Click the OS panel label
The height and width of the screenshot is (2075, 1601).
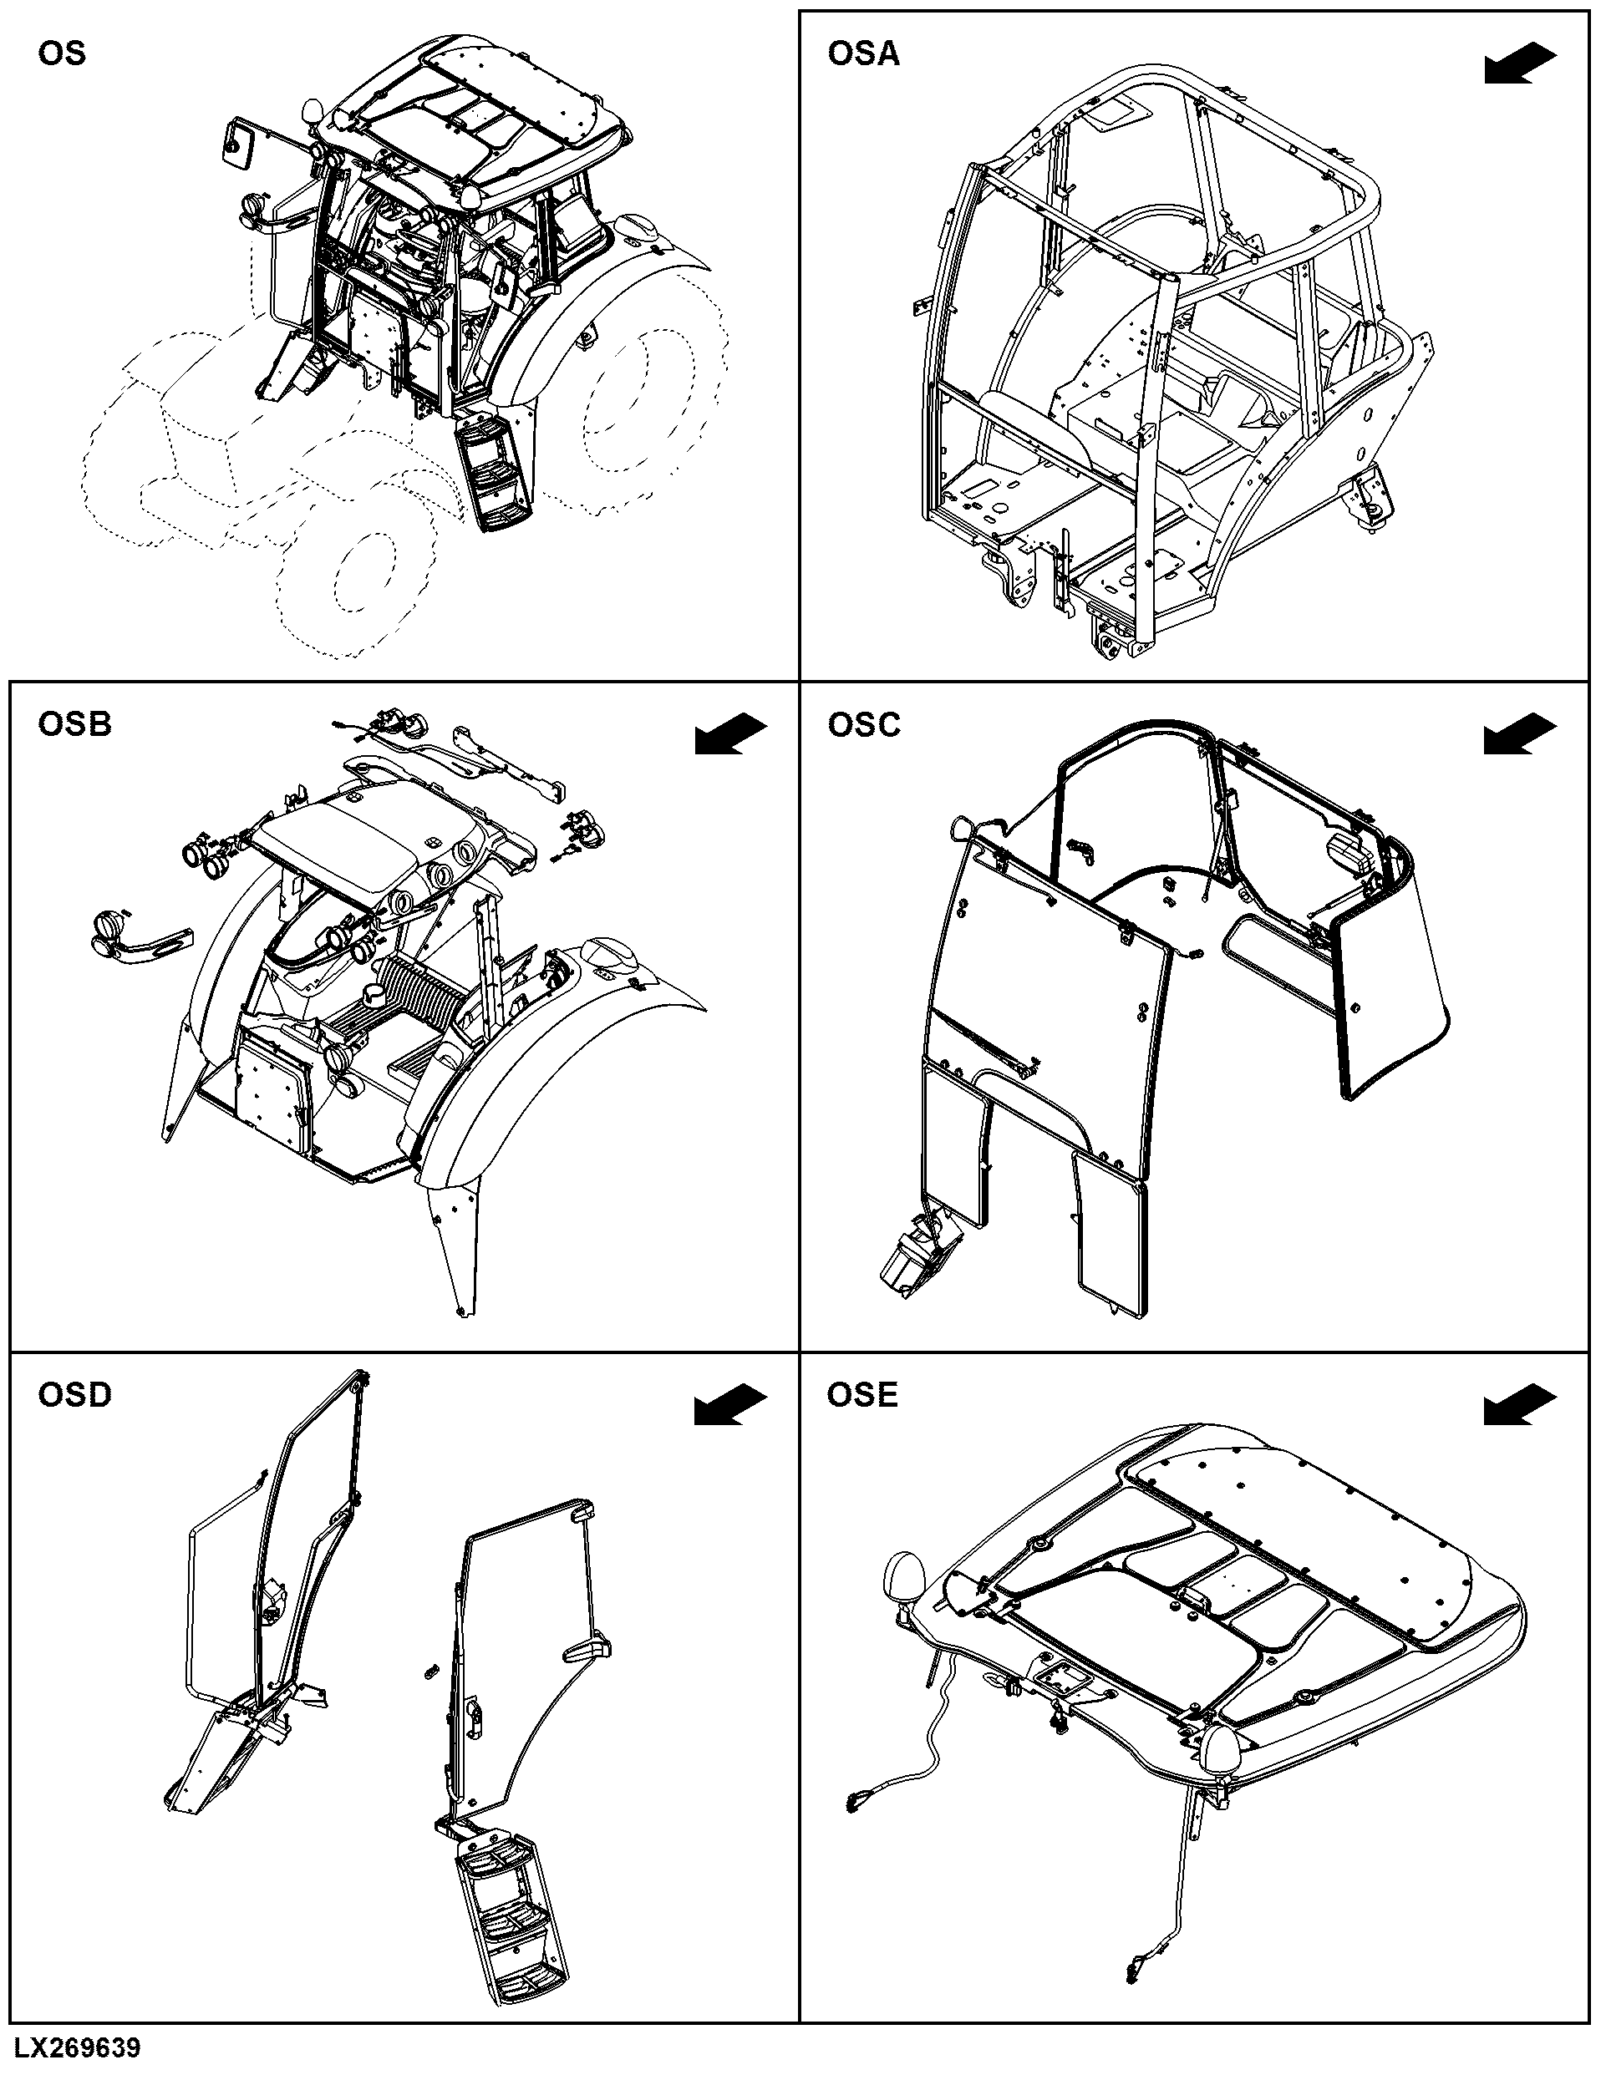[62, 54]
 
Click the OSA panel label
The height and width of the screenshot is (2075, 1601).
[862, 54]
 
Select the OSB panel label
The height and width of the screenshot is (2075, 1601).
[74, 724]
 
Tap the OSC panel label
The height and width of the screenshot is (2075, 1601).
[862, 725]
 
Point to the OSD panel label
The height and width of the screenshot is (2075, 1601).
[74, 1395]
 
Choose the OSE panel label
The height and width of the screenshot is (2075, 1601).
[861, 1395]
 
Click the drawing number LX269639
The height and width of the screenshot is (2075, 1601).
[77, 2047]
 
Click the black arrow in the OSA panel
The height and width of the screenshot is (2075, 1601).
[1519, 64]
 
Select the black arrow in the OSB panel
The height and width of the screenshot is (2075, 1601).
[730, 734]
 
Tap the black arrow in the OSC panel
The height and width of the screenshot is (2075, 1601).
[1519, 734]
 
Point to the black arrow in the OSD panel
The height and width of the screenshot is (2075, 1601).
[730, 1404]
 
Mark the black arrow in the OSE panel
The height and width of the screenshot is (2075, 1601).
[1519, 1404]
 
